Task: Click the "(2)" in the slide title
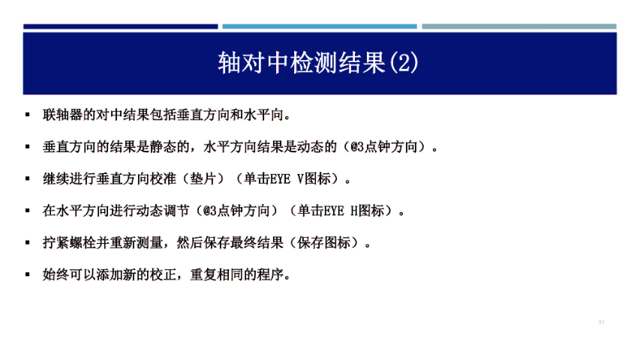click(404, 61)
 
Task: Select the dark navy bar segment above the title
click(120, 26)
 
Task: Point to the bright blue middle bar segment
click(320, 26)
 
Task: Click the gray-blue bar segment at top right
click(518, 26)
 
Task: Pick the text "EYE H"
click(338, 211)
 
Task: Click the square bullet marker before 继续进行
click(28, 179)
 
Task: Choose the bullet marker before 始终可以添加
click(28, 274)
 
